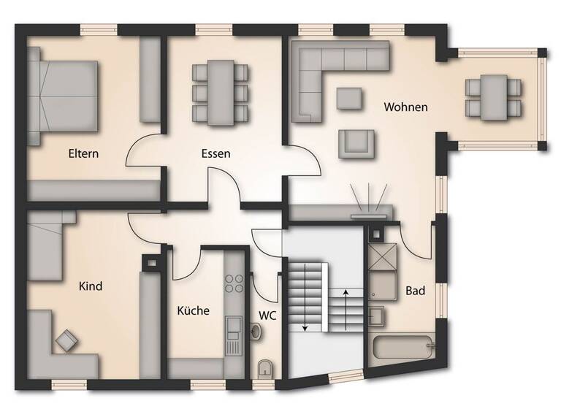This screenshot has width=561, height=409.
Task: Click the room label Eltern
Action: click(x=83, y=154)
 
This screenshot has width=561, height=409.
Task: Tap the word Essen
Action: click(x=216, y=154)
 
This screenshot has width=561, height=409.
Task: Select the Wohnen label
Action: click(x=406, y=107)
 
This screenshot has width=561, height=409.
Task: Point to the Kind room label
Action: click(x=90, y=286)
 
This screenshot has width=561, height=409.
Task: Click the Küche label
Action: click(x=193, y=310)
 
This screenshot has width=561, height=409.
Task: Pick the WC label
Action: click(x=268, y=316)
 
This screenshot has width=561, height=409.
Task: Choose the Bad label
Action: click(x=415, y=291)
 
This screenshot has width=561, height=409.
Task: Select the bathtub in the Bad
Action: click(x=402, y=348)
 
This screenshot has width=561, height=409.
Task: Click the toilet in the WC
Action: click(x=265, y=368)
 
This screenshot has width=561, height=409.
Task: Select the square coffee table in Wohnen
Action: click(x=348, y=98)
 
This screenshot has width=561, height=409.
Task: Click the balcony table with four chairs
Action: click(x=495, y=97)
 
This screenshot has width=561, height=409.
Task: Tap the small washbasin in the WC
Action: click(x=255, y=332)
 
